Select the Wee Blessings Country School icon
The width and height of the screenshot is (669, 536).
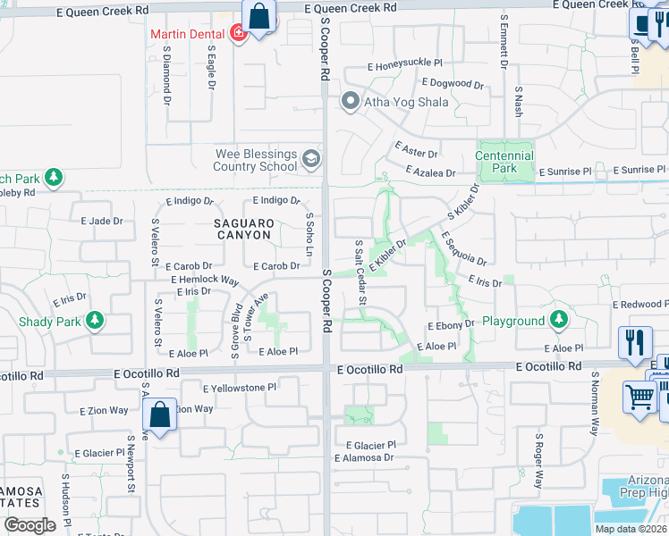pyautogui.click(x=311, y=159)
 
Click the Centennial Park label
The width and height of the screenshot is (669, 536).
pyautogui.click(x=504, y=162)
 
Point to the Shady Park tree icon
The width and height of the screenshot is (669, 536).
pyautogui.click(x=94, y=320)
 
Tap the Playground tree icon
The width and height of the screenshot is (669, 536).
pyautogui.click(x=559, y=319)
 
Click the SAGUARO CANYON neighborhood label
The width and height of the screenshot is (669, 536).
pyautogui.click(x=242, y=229)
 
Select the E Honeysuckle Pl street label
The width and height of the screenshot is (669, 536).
pyautogui.click(x=405, y=65)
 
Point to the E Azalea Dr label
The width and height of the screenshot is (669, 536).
pyautogui.click(x=430, y=171)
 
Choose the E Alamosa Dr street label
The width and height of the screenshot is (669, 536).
pyautogui.click(x=364, y=458)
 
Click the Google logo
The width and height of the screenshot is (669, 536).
pyautogui.click(x=30, y=524)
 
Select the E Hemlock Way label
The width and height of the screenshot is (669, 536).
pyautogui.click(x=206, y=280)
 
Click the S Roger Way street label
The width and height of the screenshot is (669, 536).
pyautogui.click(x=538, y=461)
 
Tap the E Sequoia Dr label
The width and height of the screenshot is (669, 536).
pyautogui.click(x=463, y=249)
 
